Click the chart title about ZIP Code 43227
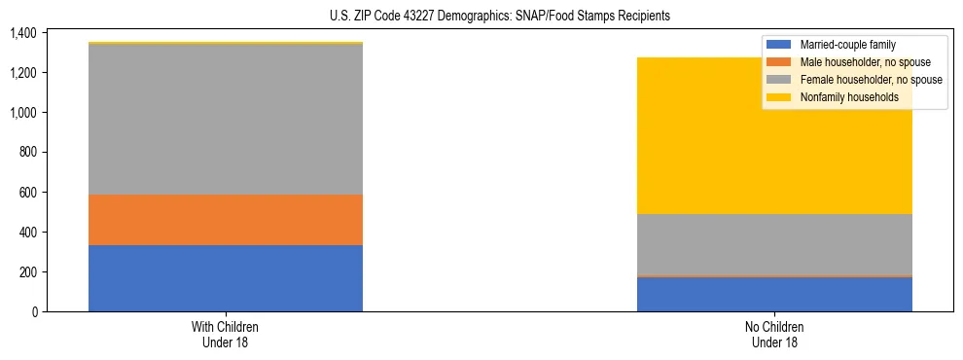[x=481, y=17]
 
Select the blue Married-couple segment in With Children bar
[x=226, y=278]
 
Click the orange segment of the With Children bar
[x=226, y=220]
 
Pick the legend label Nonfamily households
[x=842, y=97]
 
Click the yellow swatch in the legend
[x=779, y=97]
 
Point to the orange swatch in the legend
[x=779, y=62]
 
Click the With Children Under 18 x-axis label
[x=226, y=335]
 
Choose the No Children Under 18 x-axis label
[x=774, y=335]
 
